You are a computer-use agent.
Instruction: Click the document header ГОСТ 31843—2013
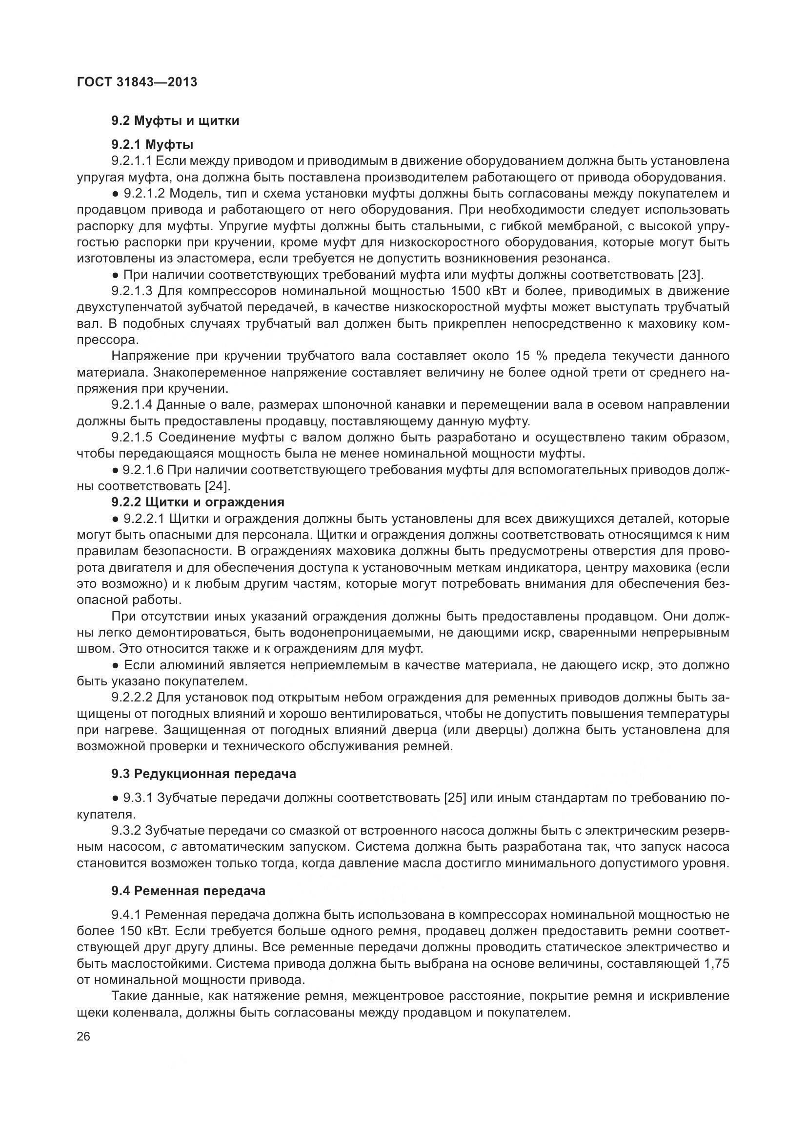137,82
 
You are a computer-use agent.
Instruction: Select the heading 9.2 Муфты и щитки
175,121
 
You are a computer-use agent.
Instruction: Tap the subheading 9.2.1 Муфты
152,144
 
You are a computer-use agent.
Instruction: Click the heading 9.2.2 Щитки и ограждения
198,502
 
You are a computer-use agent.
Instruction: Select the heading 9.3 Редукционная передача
204,774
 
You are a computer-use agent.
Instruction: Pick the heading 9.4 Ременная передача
188,891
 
